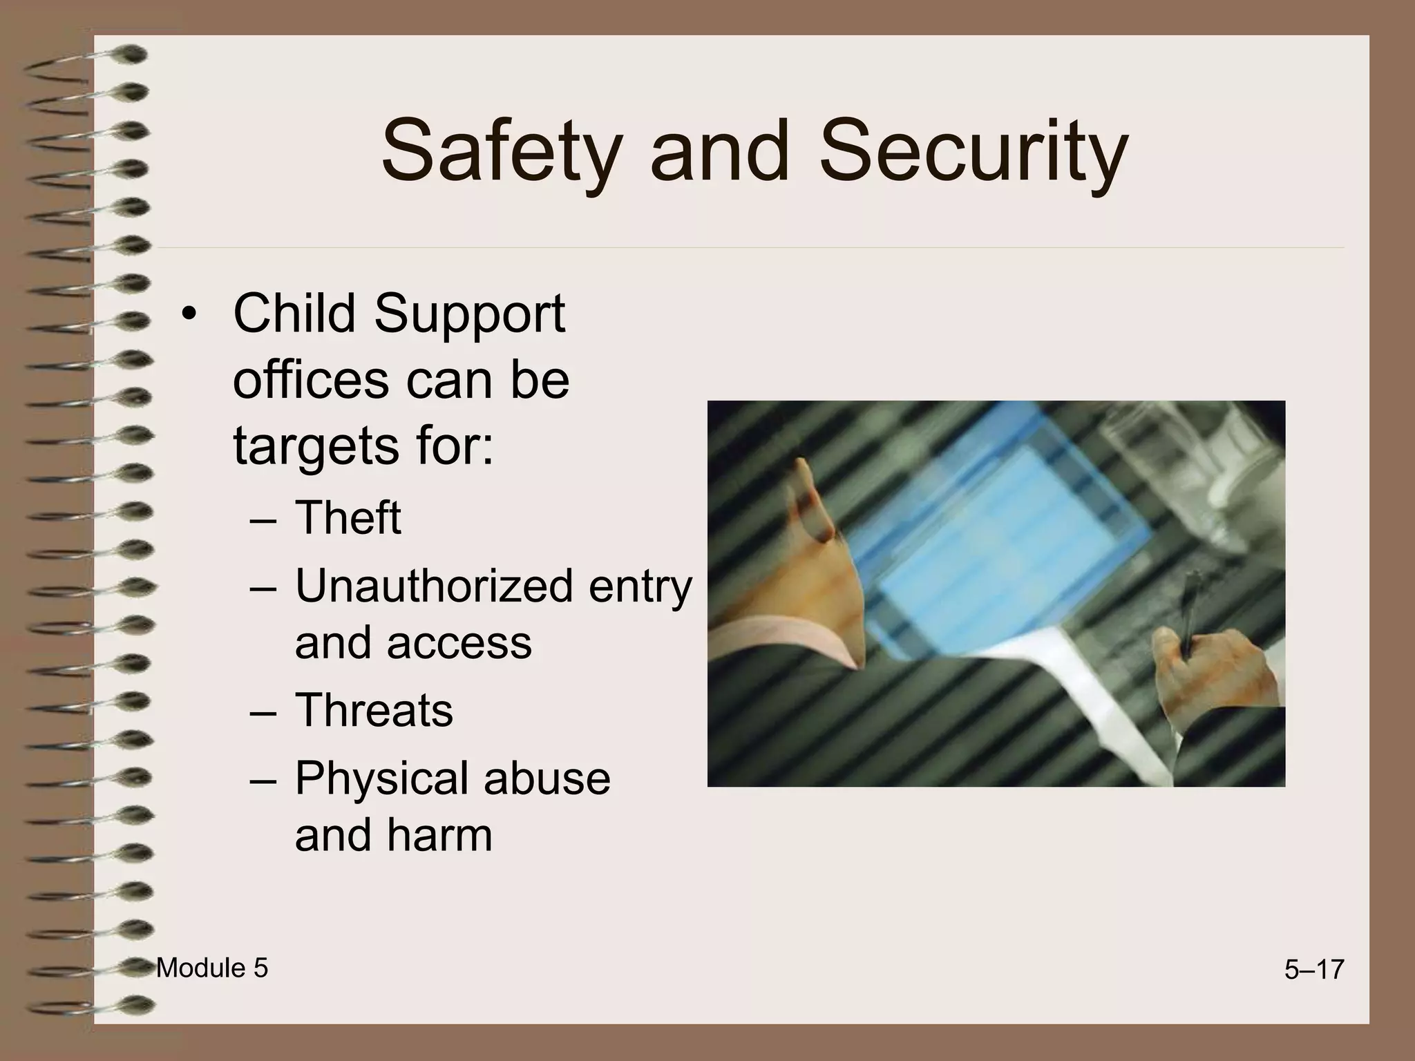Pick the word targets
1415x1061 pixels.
316,446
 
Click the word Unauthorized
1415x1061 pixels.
434,586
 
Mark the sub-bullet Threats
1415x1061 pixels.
374,709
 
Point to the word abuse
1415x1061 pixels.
547,778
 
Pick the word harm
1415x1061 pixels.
439,834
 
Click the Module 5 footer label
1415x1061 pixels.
211,968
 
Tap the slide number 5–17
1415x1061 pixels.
1313,970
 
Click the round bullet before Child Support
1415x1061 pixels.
189,315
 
